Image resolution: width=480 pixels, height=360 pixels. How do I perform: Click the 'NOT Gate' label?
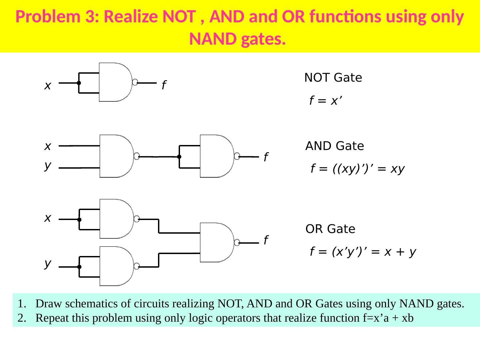333,78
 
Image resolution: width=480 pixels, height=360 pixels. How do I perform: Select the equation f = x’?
326,100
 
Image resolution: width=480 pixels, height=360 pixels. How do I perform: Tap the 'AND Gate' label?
334,146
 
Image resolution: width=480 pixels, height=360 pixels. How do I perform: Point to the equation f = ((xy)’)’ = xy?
357,169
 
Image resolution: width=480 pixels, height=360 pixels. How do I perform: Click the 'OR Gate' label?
330,229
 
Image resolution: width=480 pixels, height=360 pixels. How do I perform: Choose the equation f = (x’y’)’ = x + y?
363,252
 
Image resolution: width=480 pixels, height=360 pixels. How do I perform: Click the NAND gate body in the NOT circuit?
115,82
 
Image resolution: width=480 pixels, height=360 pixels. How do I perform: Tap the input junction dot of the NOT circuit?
79,83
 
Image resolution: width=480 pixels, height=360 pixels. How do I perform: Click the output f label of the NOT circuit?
164,86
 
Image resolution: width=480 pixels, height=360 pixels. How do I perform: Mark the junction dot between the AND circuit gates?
179,156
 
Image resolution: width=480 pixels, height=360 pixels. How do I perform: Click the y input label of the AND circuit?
48,165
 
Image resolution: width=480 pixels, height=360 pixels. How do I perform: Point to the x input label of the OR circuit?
48,218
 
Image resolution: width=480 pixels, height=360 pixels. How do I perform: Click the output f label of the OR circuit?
266,240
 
